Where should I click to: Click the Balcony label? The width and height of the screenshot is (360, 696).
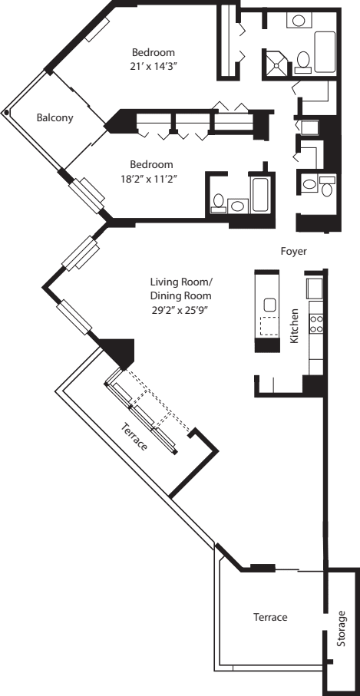point(54,118)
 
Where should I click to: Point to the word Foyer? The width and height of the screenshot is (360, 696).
point(294,250)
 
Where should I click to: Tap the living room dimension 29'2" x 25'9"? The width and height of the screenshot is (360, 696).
point(180,308)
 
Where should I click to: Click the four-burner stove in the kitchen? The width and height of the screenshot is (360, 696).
point(315,322)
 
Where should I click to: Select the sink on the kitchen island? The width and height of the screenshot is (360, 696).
point(269,304)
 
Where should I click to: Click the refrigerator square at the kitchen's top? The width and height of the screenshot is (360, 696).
point(314,289)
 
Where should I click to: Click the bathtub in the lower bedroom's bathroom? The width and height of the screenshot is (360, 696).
point(259,193)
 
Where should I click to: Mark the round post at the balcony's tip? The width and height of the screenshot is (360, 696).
point(7,112)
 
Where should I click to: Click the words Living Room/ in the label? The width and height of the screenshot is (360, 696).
point(180,282)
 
